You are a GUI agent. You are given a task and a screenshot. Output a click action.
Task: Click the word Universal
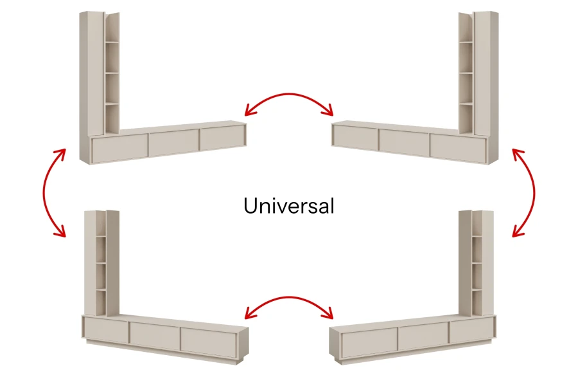tap(289, 205)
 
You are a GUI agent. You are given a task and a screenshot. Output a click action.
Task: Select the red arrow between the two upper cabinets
tap(289, 94)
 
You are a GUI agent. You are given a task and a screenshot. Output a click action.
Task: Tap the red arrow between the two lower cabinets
tap(289, 297)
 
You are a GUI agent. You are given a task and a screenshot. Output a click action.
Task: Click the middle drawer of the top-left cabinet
tap(173, 143)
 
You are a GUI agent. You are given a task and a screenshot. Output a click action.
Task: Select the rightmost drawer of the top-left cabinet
tap(223, 138)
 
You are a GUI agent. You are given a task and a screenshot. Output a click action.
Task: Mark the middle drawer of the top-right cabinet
tap(404, 143)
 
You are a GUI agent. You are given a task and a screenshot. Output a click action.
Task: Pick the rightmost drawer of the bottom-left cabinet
tap(208, 342)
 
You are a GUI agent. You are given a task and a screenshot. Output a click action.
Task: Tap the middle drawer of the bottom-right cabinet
tap(423, 335)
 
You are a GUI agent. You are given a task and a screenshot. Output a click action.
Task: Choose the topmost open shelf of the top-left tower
tap(112, 28)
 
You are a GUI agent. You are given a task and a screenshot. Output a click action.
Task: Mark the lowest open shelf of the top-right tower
tap(466, 118)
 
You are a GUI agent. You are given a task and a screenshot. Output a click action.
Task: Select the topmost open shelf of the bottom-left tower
tap(101, 224)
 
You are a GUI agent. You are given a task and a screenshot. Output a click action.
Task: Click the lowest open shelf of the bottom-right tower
tap(477, 302)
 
